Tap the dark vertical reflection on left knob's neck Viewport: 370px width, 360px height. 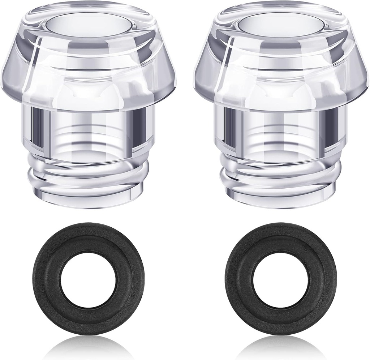[x=36, y=127]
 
